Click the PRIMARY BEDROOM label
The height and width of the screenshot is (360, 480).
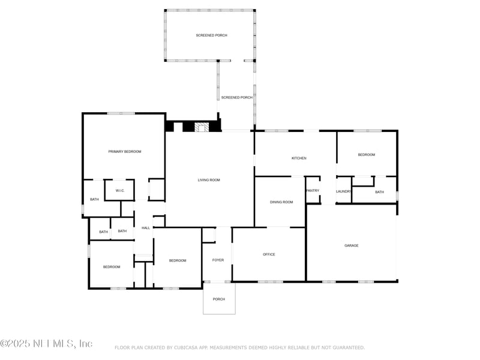point(124,152)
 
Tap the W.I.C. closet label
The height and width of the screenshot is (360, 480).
point(119,191)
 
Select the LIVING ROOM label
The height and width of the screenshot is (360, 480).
point(209,180)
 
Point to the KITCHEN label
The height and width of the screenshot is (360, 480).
point(299,158)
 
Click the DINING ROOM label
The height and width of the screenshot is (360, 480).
point(281,202)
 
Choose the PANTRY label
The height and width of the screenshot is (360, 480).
point(313,191)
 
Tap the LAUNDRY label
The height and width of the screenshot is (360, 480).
point(343,191)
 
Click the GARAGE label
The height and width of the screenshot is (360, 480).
point(351,245)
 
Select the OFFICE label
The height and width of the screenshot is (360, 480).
point(269,254)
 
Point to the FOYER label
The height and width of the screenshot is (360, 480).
point(218,260)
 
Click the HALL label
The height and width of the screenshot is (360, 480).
point(146,228)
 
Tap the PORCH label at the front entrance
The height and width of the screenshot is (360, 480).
point(219,299)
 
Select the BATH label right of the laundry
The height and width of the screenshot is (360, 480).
point(379,192)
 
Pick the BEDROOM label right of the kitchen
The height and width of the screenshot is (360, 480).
point(366,155)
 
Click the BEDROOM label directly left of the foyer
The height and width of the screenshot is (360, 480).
point(177,260)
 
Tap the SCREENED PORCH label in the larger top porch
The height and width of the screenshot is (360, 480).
point(211,35)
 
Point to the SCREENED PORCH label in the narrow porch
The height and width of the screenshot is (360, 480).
point(236,97)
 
